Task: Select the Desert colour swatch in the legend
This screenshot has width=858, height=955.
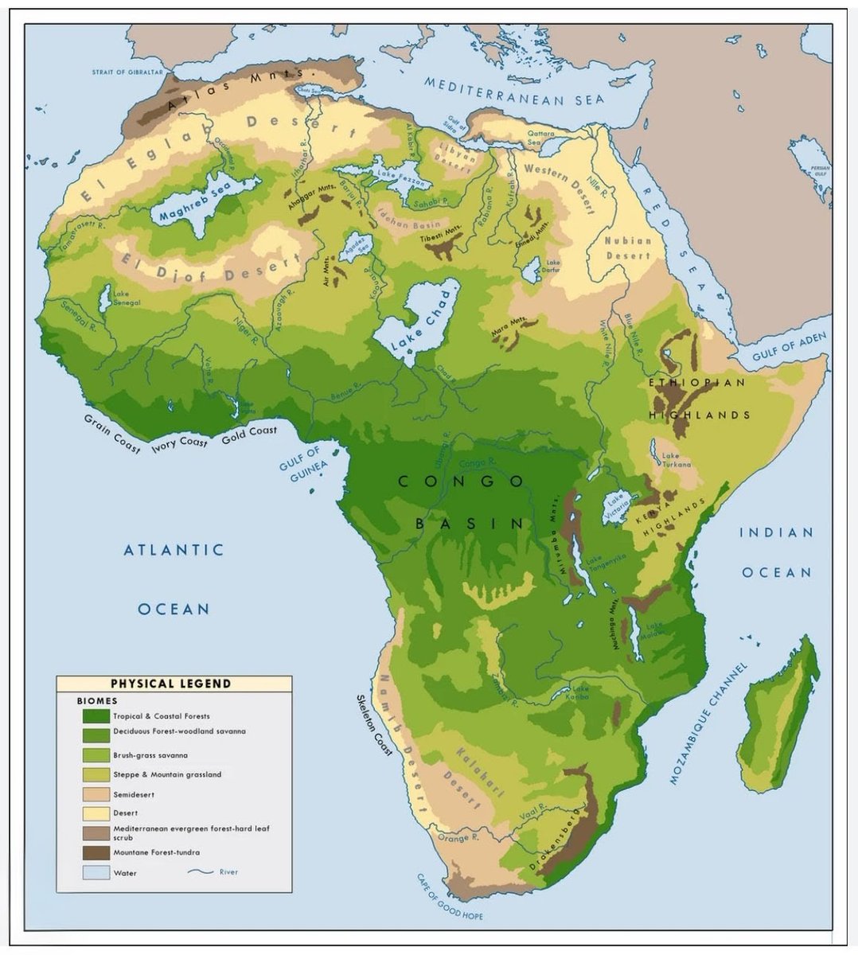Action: (96, 813)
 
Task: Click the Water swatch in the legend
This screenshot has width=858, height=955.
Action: (96, 872)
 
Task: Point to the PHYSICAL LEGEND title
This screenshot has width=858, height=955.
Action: (170, 683)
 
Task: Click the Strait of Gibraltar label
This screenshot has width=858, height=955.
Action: (127, 72)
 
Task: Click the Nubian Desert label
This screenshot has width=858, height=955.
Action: (628, 248)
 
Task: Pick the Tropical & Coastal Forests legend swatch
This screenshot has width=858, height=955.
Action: (96, 715)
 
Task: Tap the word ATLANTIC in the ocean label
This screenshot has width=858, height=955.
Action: (174, 550)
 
